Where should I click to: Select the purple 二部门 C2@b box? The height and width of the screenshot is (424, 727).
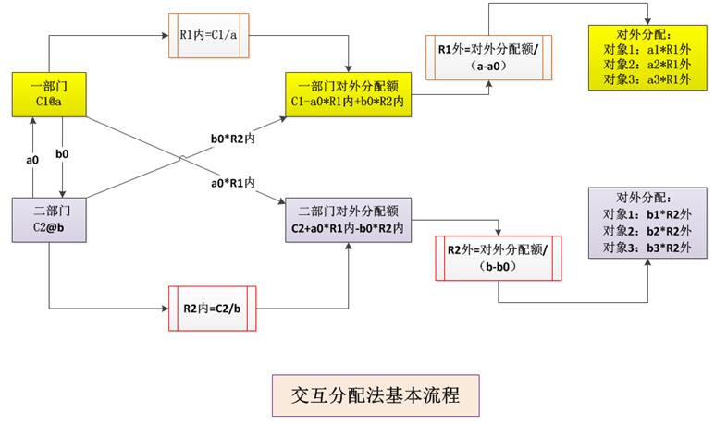coord(49,218)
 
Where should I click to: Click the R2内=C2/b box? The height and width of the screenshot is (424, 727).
coord(214,309)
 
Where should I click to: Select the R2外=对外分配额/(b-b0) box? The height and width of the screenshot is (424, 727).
coord(498,259)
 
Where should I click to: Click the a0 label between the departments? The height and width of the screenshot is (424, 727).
coord(31,160)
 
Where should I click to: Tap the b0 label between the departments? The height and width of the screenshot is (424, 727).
coord(62,154)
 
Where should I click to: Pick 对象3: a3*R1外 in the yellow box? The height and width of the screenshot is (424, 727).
coord(647,79)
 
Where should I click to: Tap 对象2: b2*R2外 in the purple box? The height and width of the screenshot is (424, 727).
coord(647,231)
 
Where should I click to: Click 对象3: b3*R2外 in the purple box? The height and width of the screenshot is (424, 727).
coord(647,248)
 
